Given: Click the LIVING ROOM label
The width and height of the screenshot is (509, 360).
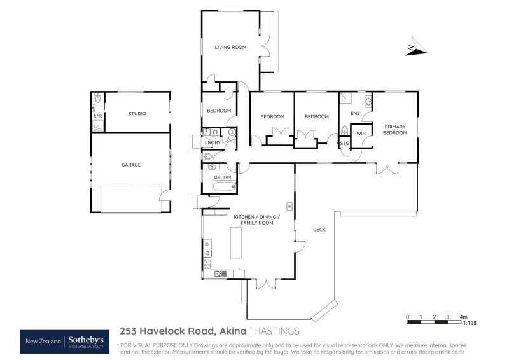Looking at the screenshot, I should coord(230,47).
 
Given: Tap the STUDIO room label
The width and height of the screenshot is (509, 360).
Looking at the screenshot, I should coord(137,114).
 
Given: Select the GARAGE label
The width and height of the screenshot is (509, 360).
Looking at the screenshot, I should coord(131,165).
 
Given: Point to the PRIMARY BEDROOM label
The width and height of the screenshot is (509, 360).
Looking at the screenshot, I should coord(395,130).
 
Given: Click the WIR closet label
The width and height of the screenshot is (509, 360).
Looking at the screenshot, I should coord(361,134).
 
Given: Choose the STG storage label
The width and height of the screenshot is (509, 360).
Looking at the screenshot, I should coord(344,144).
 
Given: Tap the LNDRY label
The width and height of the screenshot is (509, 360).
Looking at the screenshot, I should coord(213,142).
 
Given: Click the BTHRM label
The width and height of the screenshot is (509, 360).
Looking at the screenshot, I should coord(221,177).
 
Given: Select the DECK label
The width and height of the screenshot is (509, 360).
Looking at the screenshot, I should coord(319,229).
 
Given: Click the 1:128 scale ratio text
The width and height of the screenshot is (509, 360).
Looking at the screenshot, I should coord(470,323).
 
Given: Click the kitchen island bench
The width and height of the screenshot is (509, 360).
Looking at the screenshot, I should coord(236,242).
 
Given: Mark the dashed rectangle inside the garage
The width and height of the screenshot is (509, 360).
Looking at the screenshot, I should coord(130,199).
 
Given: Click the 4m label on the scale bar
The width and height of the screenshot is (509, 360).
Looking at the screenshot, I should coord(464,316).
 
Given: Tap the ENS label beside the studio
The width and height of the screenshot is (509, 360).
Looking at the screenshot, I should coord(98,116).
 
